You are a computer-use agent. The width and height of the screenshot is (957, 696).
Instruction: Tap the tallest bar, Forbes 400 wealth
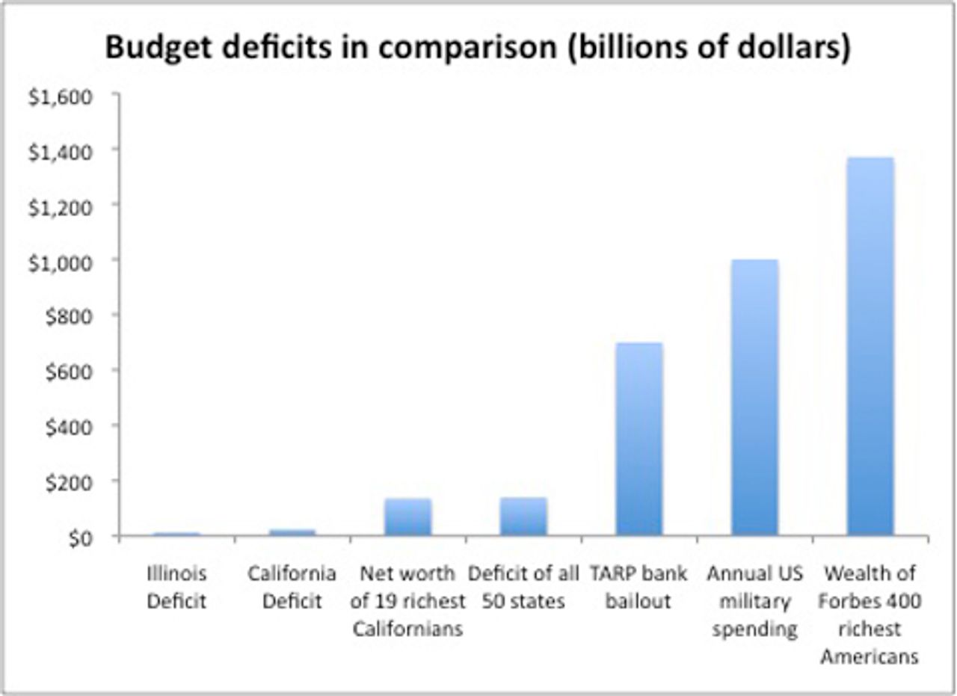tap(870, 347)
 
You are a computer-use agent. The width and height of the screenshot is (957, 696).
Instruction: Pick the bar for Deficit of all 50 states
tap(523, 517)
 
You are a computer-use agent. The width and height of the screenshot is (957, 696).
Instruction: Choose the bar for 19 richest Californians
tap(407, 517)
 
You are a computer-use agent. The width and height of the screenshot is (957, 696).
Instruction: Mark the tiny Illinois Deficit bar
tap(176, 534)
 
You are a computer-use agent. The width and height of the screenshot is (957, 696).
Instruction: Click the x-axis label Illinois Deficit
tap(176, 588)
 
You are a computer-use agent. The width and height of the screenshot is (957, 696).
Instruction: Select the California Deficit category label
tap(292, 588)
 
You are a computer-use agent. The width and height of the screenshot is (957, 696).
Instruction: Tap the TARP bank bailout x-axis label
tap(638, 588)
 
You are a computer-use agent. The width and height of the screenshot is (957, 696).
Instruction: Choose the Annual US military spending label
tap(754, 601)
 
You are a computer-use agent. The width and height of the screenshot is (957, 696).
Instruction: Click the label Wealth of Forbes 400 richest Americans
tap(870, 615)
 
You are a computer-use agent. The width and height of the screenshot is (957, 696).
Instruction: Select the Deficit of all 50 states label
tap(523, 588)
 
